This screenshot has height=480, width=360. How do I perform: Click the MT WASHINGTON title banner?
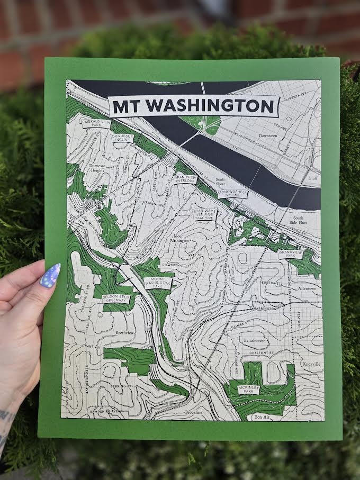[x=194, y=106]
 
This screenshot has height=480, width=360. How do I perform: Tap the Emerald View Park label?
[x=96, y=123]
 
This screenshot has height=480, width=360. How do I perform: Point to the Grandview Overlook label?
[x=185, y=179]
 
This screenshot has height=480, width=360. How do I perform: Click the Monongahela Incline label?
[x=232, y=194]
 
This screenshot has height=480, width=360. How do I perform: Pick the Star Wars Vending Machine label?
[x=204, y=214]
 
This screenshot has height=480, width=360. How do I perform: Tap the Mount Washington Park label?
[x=158, y=282]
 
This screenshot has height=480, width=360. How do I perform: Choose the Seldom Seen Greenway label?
[x=116, y=298]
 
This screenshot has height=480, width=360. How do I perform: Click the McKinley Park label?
[x=248, y=390]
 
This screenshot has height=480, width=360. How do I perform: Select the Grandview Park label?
[x=291, y=253]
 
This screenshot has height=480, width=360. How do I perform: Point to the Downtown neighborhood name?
[x=268, y=135]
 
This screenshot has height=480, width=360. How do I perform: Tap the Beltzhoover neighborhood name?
[x=254, y=341]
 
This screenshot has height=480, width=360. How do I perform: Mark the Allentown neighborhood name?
[x=307, y=289]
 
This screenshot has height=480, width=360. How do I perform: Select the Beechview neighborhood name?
[x=126, y=332]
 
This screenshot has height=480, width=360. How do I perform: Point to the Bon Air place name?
[x=262, y=417]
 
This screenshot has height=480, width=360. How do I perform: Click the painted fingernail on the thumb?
[x=50, y=276]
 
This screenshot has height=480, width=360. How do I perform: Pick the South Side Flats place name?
[x=298, y=221]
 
